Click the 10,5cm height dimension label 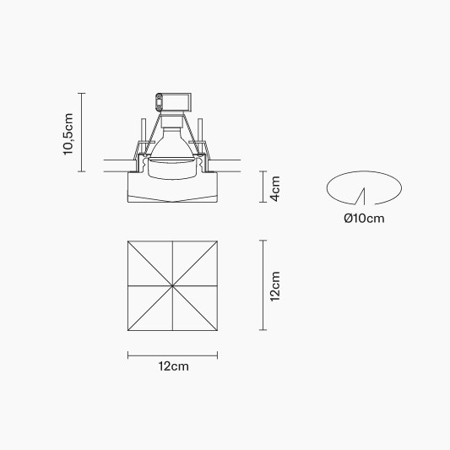coord(68,134)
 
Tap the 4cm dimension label coord(275,188)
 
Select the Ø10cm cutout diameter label coord(364,219)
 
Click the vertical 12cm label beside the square coord(275,286)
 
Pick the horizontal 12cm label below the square coord(174,366)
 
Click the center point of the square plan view coord(172,285)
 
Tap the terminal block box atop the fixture coord(173,102)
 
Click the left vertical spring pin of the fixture coord(144,131)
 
